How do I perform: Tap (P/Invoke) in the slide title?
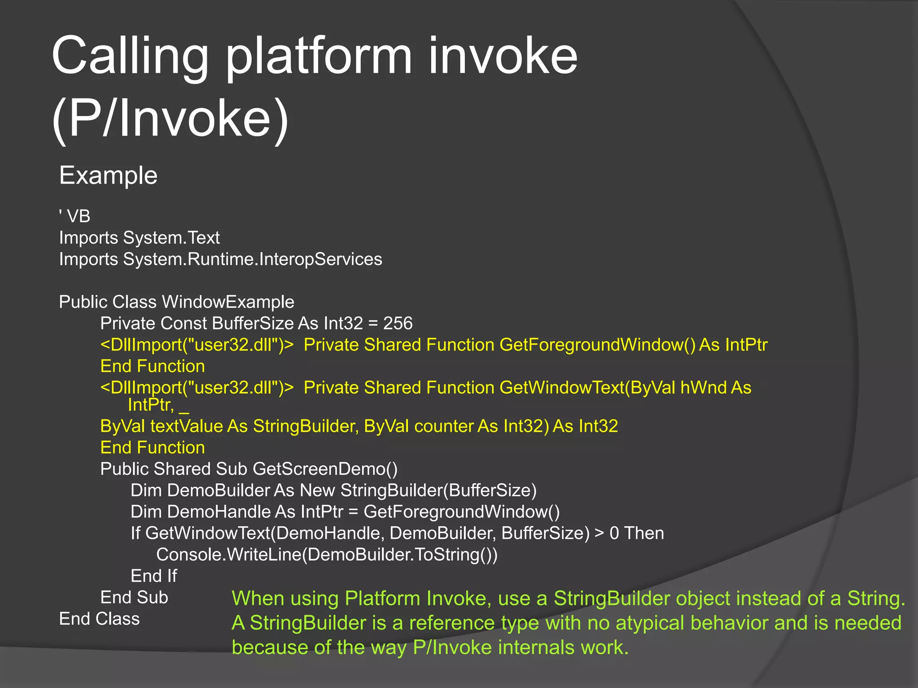click(x=170, y=119)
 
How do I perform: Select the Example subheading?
click(x=108, y=175)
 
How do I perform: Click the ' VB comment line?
click(x=75, y=216)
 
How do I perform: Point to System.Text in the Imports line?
click(x=171, y=238)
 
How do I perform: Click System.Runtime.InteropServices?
click(x=252, y=259)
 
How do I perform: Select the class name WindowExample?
click(x=228, y=302)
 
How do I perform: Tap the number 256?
click(x=398, y=323)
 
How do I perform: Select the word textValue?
click(x=186, y=426)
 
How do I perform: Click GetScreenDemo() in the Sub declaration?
click(x=325, y=469)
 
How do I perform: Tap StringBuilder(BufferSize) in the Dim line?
click(x=438, y=490)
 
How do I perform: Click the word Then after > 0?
click(x=644, y=533)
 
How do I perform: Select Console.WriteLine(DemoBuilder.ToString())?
click(x=327, y=555)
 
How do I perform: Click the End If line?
click(x=154, y=576)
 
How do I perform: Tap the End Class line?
click(x=100, y=619)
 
